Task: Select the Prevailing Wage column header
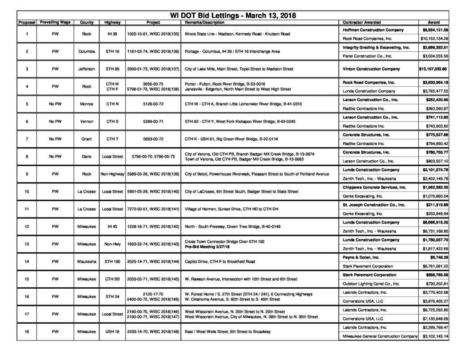[x=55, y=22]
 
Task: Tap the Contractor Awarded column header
[x=362, y=22]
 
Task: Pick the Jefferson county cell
[x=87, y=69]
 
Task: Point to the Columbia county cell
[x=87, y=51]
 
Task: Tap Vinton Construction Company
[x=371, y=69]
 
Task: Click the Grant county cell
[x=87, y=139]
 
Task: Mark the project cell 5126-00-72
[x=153, y=104]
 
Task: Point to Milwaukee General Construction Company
[x=380, y=336]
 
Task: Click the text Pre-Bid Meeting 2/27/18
[x=208, y=247]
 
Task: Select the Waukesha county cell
[x=87, y=262]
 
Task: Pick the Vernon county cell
[x=87, y=122]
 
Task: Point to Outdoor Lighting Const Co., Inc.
[x=371, y=284]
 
